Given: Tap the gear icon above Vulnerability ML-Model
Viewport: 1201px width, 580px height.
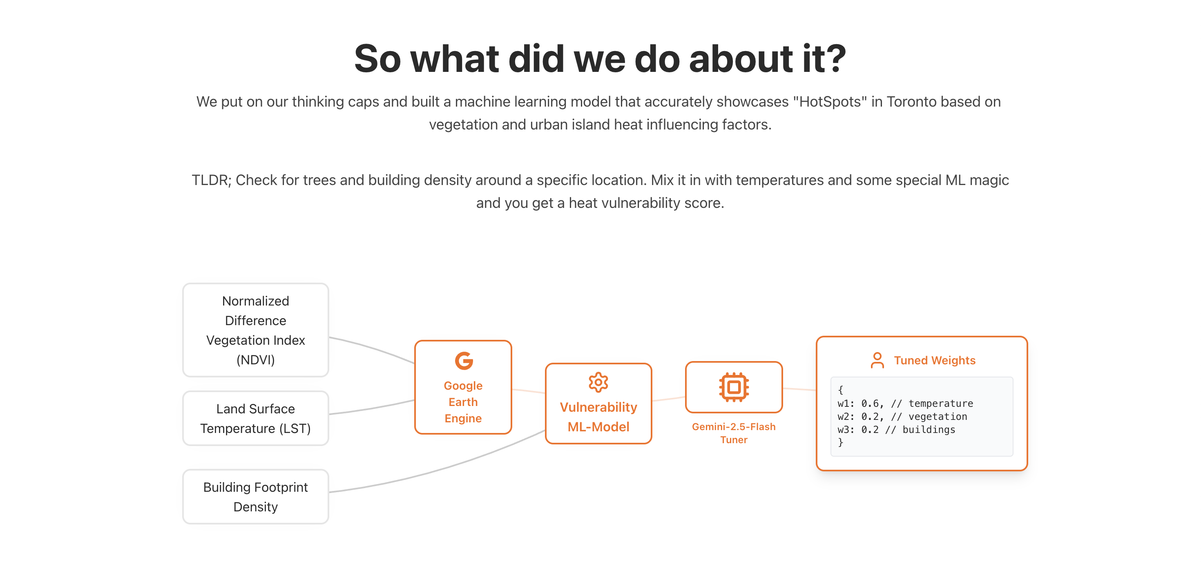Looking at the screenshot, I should coord(598,383).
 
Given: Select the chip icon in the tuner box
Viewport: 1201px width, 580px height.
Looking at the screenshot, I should coord(734,387).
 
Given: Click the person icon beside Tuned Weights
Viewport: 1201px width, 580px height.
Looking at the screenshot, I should coord(877,360).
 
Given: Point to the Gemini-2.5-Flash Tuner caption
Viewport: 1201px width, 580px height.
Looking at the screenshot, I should coord(733,433).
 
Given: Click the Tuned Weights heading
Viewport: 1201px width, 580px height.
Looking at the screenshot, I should coord(934,360).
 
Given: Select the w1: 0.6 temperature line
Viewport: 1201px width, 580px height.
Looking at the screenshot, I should coord(904,403).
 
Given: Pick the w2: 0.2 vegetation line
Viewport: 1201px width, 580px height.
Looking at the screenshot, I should coord(902,416).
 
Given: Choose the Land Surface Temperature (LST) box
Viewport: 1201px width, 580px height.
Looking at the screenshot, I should coord(255,418).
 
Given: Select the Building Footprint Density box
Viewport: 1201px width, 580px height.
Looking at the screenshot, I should coord(255,497).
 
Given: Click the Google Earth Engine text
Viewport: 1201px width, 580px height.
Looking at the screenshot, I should coord(463,402).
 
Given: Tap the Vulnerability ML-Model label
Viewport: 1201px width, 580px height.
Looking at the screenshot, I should coord(598,417).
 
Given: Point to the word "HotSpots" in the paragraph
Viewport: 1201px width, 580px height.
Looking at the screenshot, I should coord(830,102).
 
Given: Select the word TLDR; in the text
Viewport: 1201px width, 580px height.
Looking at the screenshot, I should coord(211,180).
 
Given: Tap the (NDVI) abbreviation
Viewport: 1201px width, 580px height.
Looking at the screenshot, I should coord(255,360).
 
